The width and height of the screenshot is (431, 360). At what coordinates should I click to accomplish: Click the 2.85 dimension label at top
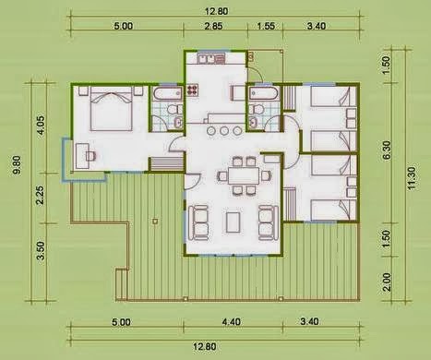pos(213,26)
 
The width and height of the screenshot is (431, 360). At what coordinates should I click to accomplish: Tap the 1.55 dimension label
pos(266,26)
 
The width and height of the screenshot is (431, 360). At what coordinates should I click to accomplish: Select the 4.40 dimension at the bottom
pos(232,322)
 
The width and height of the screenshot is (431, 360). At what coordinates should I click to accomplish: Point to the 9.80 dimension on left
pos(18,165)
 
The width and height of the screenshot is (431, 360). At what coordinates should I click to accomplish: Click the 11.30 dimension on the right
pos(413,178)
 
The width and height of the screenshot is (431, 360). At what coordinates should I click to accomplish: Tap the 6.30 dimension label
pos(387,150)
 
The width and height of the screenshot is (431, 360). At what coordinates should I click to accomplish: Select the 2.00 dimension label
pos(387,282)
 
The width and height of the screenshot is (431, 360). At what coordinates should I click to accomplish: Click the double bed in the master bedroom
pos(112,109)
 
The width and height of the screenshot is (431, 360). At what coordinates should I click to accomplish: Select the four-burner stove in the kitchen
pos(193,90)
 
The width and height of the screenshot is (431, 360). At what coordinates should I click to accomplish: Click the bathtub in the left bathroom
pos(168,94)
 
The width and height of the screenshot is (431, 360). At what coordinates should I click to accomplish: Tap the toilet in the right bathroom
pos(257,109)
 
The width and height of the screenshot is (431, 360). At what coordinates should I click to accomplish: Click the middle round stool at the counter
pos(223,131)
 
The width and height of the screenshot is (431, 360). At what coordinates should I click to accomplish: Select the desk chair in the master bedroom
pos(91,156)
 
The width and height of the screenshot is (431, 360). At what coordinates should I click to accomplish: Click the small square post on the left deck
pos(155,221)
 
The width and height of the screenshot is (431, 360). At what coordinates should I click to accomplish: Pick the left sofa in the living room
pos(198,222)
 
